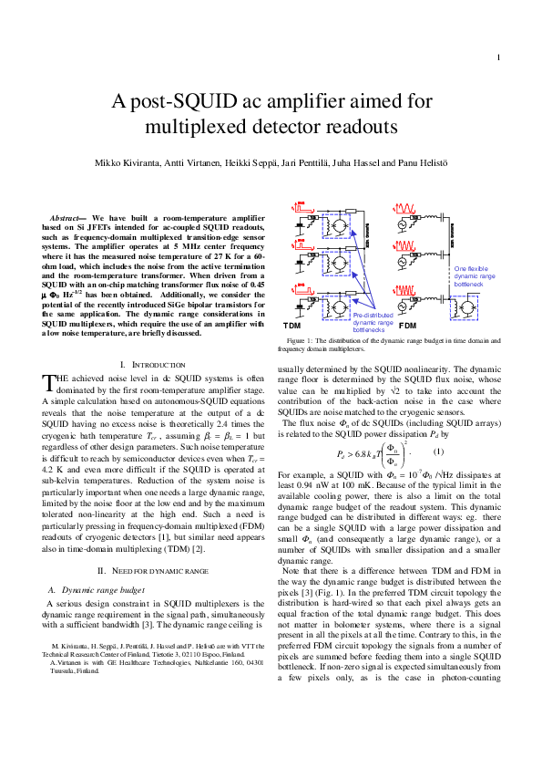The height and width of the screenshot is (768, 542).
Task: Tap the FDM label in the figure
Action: [x=407, y=325]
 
